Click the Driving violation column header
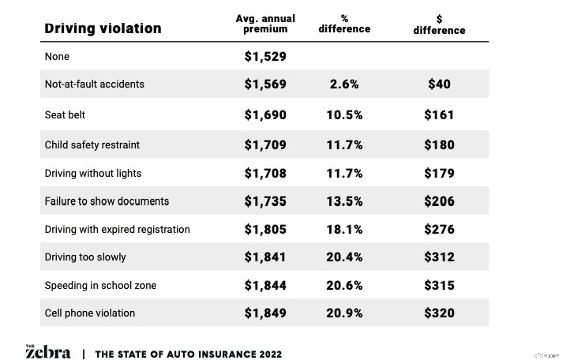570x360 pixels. pos(103,28)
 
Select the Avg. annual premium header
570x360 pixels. pos(264,24)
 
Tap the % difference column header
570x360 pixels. pos(344,24)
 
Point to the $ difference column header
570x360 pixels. pos(439,24)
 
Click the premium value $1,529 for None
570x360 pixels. pos(264,57)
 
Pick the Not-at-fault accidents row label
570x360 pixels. pos(94,84)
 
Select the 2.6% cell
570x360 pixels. pos(344,84)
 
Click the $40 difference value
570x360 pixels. pos(439,84)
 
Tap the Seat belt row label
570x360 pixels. pos(65,114)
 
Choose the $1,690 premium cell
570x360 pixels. pos(264,114)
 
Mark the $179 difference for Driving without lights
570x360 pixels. pos(439,173)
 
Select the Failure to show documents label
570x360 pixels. pos(107,201)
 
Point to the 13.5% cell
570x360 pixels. pos(344,201)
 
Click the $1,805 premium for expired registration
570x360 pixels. pos(264,230)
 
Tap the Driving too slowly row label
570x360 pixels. pos(85,257)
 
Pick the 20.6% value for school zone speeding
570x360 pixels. pos(344,285)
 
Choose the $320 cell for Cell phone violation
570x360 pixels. pos(439,313)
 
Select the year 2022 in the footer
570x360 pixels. pos(266,354)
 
